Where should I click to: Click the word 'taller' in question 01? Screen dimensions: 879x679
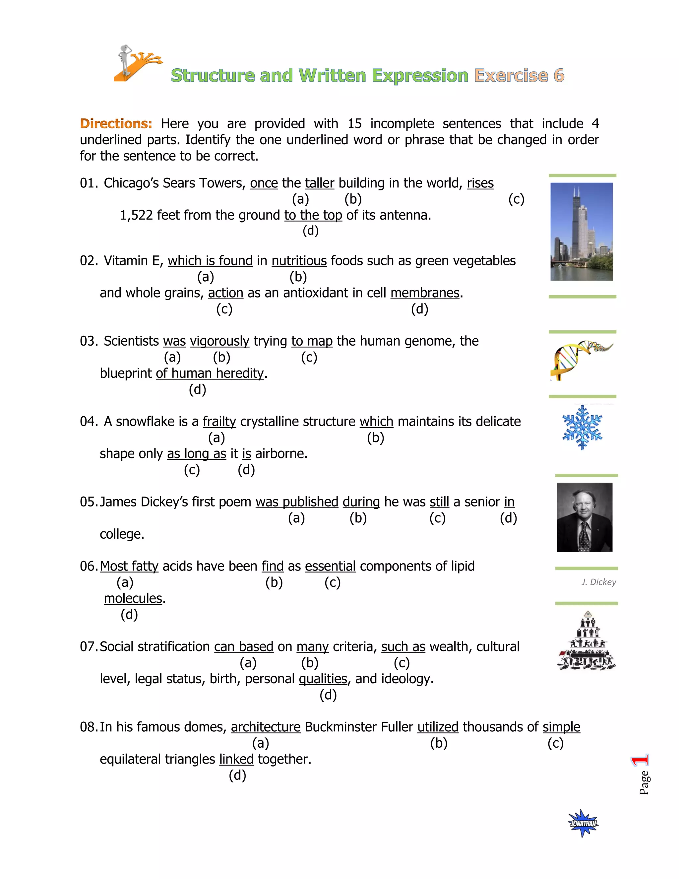[x=319, y=183]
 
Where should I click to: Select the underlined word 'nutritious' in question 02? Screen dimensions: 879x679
[x=299, y=261]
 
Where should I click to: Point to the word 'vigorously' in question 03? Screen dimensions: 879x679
[x=219, y=341]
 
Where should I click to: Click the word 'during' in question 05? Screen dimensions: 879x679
[x=361, y=502]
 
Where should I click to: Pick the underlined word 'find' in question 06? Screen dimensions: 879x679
[x=272, y=566]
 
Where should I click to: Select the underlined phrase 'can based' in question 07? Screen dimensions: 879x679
[x=243, y=647]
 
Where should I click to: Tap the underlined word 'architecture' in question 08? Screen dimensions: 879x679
[x=266, y=727]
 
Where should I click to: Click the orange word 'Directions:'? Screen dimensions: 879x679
[x=116, y=124]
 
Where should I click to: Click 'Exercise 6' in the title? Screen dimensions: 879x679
[x=519, y=76]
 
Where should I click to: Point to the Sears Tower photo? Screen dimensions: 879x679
[x=581, y=232]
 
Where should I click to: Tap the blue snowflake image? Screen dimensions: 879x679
[x=582, y=428]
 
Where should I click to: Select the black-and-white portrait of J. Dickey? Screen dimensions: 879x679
[x=584, y=517]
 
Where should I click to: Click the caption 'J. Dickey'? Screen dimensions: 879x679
[x=598, y=582]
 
